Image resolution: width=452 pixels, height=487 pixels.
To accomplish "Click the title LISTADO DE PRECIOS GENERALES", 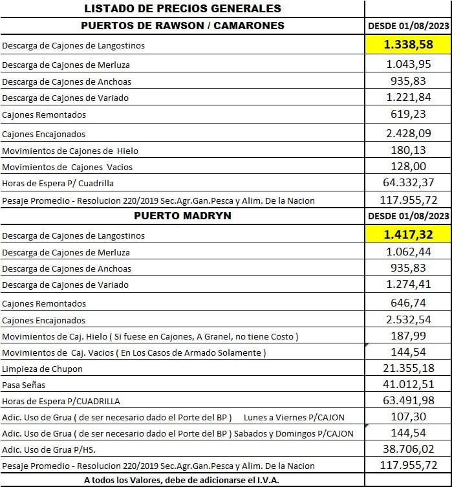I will point(182,8).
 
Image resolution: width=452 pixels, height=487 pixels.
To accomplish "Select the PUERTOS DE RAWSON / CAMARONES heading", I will point(182,25).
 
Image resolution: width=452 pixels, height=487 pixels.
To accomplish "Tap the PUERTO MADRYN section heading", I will point(182,215).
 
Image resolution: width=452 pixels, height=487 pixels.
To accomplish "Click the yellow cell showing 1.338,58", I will point(408,45).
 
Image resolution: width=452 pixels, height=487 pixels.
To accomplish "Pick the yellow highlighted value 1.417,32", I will point(408,234).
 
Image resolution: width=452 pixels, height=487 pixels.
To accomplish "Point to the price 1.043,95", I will point(408,65).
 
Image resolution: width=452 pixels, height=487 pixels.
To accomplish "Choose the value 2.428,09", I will point(408,134).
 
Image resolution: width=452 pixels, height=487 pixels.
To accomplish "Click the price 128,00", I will point(408,167).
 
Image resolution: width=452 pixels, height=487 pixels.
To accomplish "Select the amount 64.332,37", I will point(408,183).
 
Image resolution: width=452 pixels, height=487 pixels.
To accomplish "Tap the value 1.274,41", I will point(408,285).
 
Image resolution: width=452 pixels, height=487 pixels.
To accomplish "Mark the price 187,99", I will point(408,336).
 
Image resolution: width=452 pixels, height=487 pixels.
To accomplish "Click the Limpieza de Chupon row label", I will point(43,369).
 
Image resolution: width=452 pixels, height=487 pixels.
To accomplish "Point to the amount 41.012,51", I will point(408,385).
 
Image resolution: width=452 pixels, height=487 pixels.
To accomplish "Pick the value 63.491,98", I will point(408,401).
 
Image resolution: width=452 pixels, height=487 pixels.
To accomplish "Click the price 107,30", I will point(408,417).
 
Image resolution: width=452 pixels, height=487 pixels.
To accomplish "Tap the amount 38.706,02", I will point(408,449).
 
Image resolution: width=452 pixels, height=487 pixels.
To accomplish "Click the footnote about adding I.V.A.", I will point(182,480).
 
